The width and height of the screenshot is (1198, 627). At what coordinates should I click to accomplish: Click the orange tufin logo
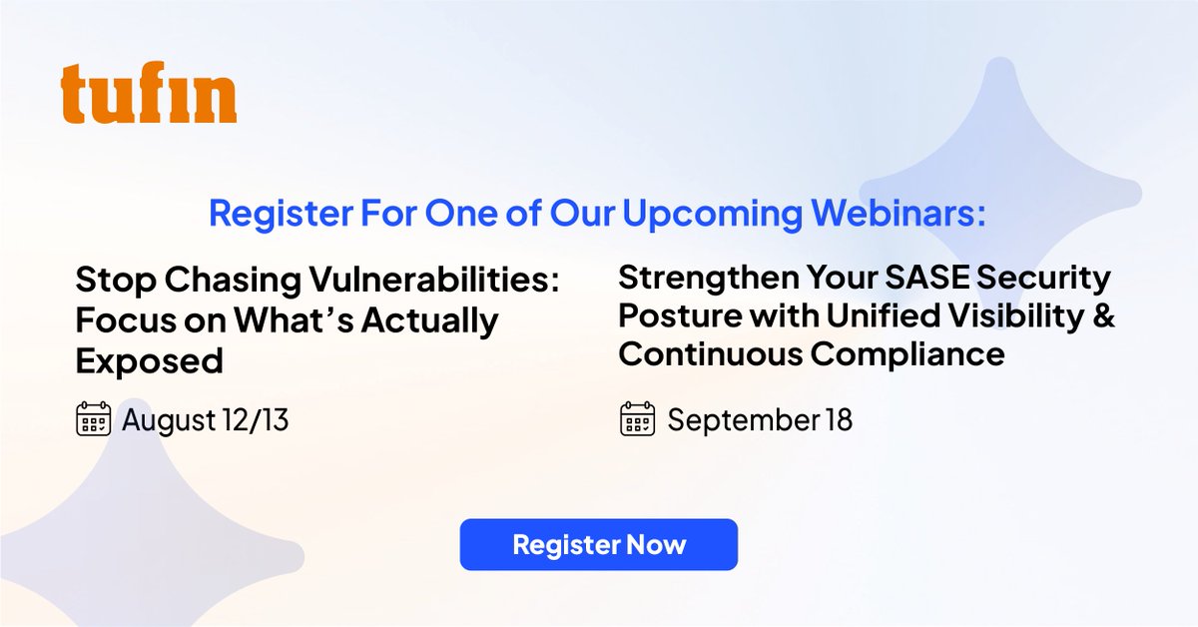149,95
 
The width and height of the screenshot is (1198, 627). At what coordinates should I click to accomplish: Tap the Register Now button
599,544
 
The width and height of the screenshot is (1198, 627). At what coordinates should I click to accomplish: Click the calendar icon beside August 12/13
93,420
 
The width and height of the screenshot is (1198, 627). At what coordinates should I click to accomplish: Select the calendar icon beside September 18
637,419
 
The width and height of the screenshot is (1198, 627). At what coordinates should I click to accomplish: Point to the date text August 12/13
205,420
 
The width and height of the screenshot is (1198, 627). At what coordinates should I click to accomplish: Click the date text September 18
760,419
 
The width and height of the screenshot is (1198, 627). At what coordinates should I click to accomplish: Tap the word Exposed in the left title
149,361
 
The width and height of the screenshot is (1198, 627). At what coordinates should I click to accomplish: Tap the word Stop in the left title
107,281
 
